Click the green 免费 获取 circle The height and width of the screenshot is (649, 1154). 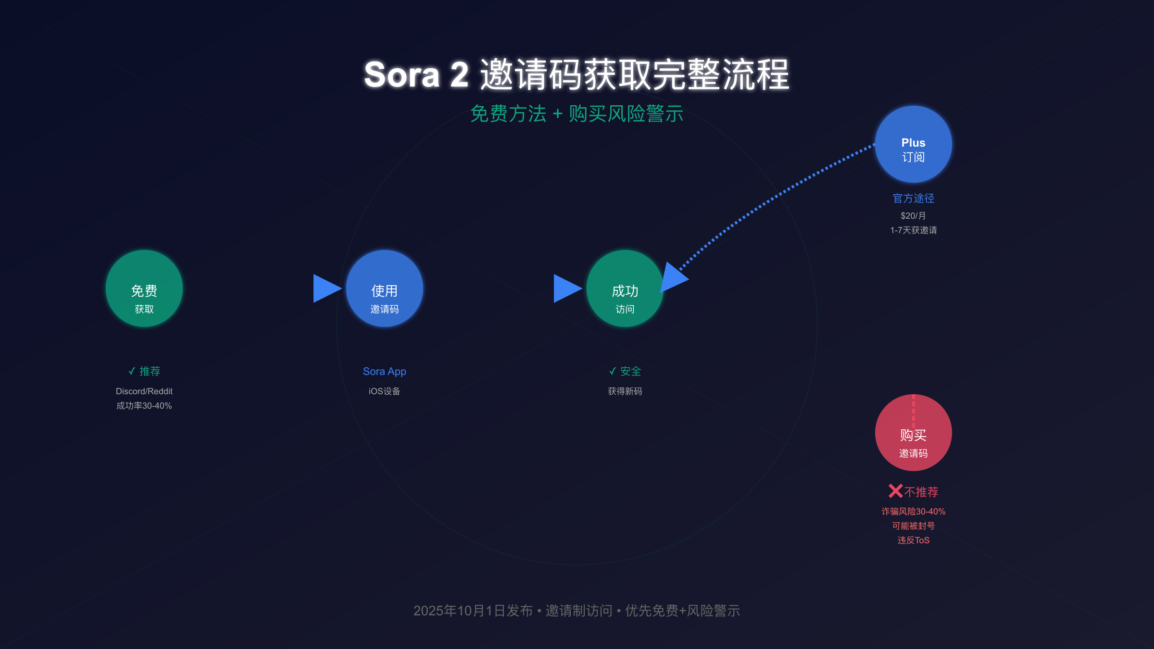[144, 288]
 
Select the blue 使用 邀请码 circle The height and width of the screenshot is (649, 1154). [385, 288]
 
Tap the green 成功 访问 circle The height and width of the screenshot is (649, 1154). [625, 288]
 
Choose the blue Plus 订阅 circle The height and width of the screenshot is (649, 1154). [914, 144]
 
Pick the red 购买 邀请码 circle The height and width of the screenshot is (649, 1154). [914, 433]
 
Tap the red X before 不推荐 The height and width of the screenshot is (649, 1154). [896, 491]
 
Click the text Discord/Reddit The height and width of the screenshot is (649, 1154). [144, 391]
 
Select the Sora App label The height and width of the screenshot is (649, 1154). [385, 372]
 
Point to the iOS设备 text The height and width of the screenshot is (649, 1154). [385, 391]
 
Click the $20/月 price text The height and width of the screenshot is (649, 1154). [914, 216]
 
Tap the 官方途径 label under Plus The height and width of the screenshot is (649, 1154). [914, 198]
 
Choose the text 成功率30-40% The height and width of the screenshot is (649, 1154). [144, 406]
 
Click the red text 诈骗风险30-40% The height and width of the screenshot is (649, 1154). [914, 512]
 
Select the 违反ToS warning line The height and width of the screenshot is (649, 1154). [914, 540]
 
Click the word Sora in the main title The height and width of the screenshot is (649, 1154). [402, 75]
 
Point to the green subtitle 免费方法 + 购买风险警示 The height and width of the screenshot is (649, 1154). [577, 114]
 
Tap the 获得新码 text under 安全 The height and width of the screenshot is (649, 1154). [625, 391]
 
